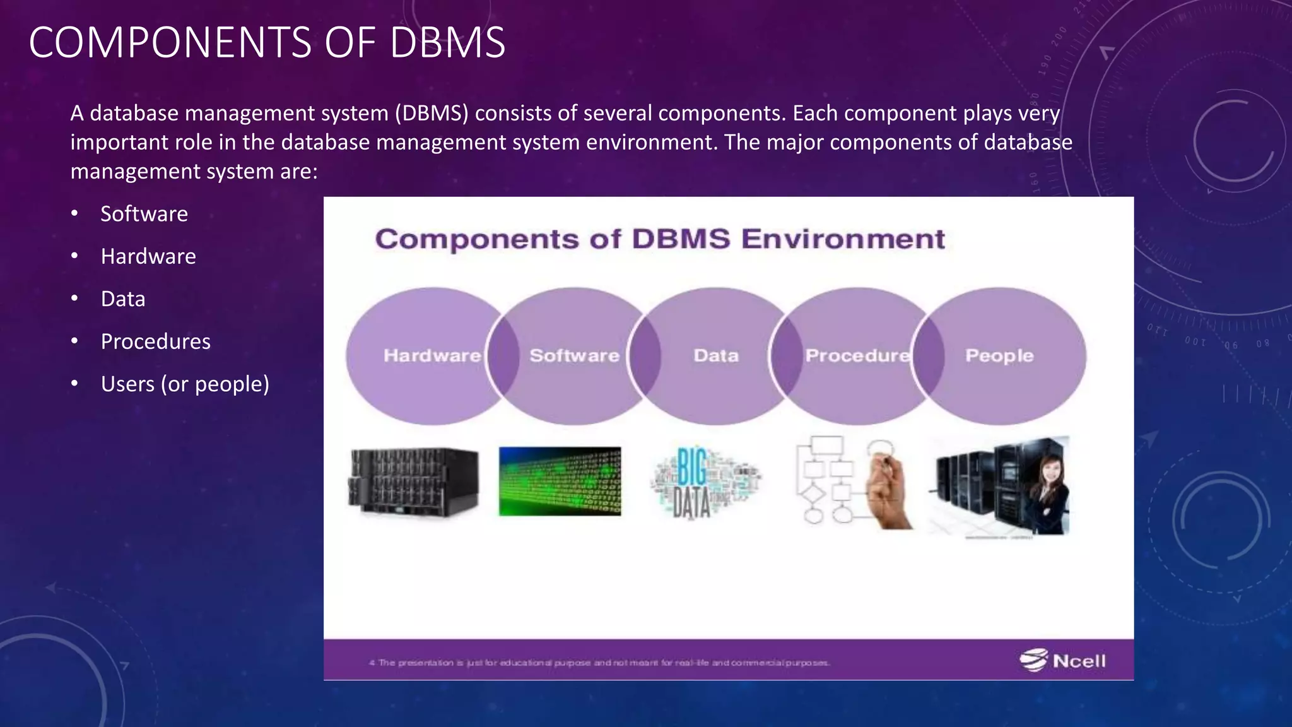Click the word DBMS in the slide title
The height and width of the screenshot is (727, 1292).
pyautogui.click(x=447, y=43)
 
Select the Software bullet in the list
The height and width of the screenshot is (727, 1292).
pyautogui.click(x=144, y=214)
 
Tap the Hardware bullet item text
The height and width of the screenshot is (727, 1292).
pyautogui.click(x=148, y=256)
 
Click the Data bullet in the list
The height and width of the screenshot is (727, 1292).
pyautogui.click(x=123, y=299)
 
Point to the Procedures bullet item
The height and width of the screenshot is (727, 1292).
pyautogui.click(x=155, y=341)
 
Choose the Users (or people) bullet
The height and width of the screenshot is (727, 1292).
pyautogui.click(x=185, y=384)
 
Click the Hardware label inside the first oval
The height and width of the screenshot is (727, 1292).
pyautogui.click(x=432, y=355)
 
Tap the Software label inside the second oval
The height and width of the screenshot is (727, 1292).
pyautogui.click(x=574, y=355)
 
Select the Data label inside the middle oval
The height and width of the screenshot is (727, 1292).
pyautogui.click(x=716, y=355)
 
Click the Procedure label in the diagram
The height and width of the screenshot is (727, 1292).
pyautogui.click(x=857, y=355)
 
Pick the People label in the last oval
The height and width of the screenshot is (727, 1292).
pyautogui.click(x=999, y=355)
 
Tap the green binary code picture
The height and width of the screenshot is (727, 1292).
pyautogui.click(x=560, y=482)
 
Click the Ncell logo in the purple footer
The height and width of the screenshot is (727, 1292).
pyautogui.click(x=1063, y=660)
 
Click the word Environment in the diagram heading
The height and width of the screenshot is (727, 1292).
pyautogui.click(x=843, y=239)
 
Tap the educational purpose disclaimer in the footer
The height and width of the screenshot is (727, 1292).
pyautogui.click(x=599, y=663)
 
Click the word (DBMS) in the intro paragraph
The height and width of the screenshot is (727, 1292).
pyautogui.click(x=432, y=114)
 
